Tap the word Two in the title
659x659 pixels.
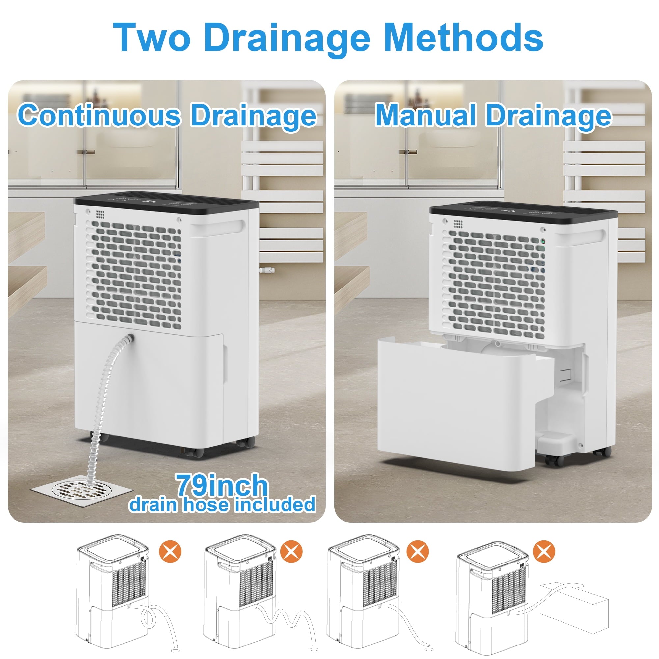tap(151, 38)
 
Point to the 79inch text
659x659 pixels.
tap(222, 485)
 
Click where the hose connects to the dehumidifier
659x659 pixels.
tap(129, 339)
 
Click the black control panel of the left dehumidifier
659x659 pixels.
tap(166, 201)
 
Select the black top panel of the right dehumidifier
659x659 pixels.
tap(523, 212)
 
